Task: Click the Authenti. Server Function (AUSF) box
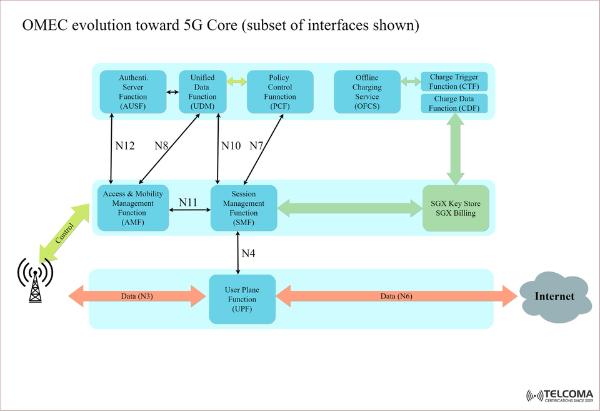pos(132,92)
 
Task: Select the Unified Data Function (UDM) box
pos(202,92)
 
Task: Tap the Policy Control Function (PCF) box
pos(279,92)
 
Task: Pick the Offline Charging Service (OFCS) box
pos(366,92)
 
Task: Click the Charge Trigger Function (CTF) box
pos(454,82)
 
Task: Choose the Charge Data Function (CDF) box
pos(454,103)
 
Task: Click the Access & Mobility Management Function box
pos(132,208)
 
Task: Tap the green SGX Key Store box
pos(456,208)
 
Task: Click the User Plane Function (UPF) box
pos(242,299)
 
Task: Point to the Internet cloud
pos(554,297)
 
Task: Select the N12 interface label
pos(125,146)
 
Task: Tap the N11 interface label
pos(188,203)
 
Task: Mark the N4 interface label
pos(248,253)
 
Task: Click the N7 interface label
pos(256,146)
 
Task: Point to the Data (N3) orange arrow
pos(137,296)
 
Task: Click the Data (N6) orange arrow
pos(397,296)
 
